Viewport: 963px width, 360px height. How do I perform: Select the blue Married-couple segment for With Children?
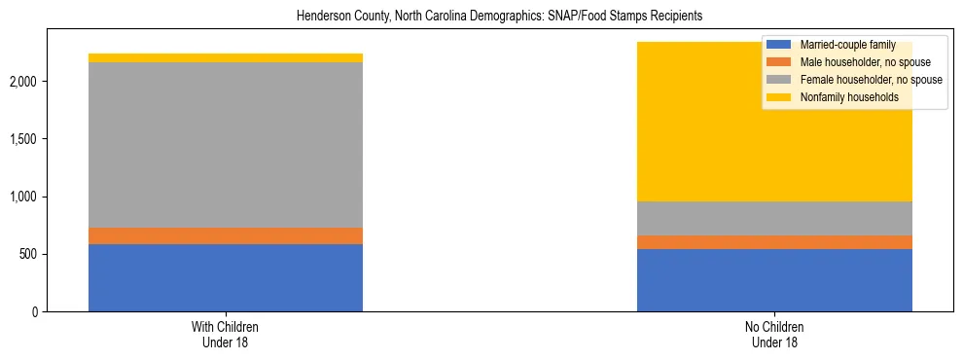coord(226,277)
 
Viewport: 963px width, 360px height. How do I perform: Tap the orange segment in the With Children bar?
coord(226,235)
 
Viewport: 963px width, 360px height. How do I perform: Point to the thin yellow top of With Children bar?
coord(226,57)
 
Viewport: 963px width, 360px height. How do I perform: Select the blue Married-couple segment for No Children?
coord(774,280)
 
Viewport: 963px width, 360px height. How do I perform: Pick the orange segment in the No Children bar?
coord(774,242)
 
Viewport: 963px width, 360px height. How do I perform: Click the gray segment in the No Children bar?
coord(774,218)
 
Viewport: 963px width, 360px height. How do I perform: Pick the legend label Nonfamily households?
coord(843,97)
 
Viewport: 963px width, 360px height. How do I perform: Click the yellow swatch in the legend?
coord(779,97)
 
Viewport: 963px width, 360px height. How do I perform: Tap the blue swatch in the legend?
coord(779,45)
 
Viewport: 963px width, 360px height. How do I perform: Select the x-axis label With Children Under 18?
coord(226,335)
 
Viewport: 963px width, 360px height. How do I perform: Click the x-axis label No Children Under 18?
coord(774,335)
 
